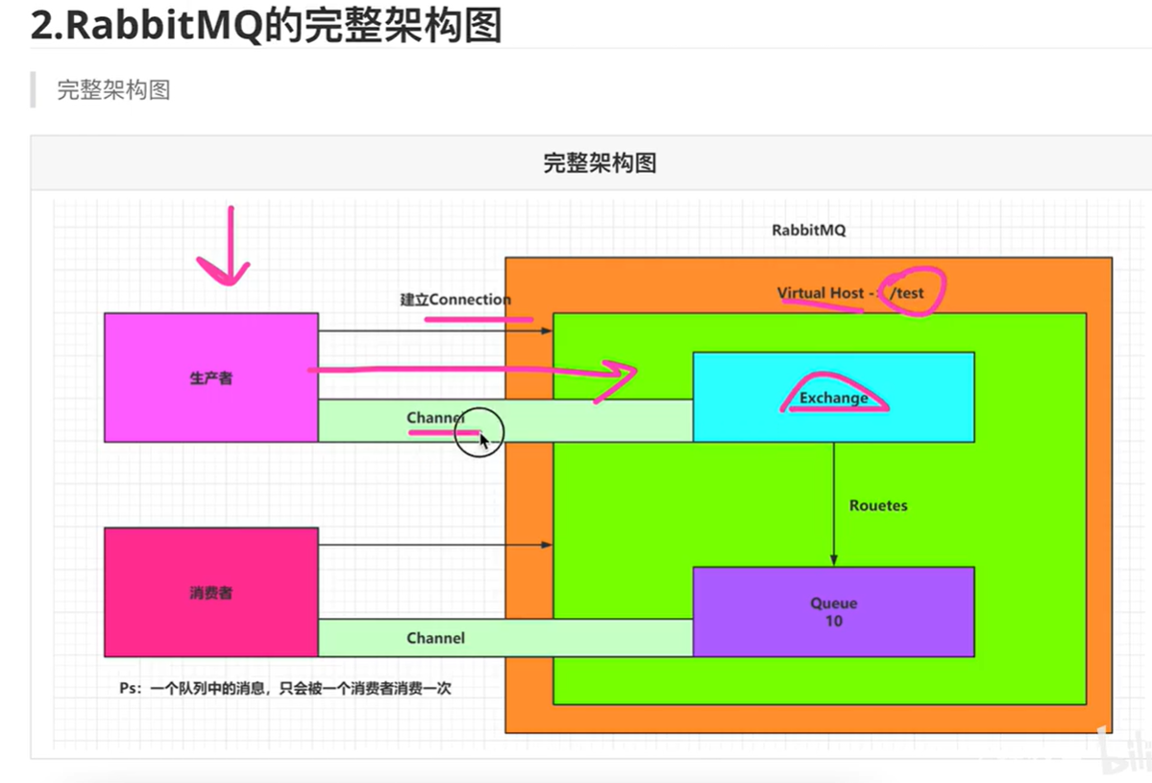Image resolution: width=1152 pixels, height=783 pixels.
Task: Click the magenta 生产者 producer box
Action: click(x=210, y=378)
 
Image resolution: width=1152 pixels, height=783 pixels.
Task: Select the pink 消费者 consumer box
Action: click(x=210, y=593)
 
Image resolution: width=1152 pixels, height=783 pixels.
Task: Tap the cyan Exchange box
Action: click(x=833, y=397)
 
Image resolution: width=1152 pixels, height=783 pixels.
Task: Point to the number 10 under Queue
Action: click(x=833, y=622)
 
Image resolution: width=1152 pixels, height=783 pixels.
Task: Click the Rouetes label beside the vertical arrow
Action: click(x=877, y=505)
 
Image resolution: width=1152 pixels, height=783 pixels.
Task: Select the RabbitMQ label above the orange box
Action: click(x=808, y=231)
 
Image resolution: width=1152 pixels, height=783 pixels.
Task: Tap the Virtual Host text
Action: click(x=821, y=292)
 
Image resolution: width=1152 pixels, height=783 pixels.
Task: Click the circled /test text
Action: click(x=908, y=292)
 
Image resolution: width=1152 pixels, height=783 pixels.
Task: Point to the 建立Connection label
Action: click(x=455, y=300)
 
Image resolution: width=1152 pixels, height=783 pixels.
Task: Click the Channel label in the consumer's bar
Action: click(x=435, y=638)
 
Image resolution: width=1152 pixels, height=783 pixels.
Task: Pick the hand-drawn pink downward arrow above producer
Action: click(x=227, y=250)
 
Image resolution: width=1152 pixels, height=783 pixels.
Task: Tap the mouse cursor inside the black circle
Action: click(x=484, y=440)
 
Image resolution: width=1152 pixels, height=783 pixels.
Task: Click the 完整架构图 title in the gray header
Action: click(x=600, y=163)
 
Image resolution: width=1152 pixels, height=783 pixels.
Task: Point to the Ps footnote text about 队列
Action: click(x=285, y=688)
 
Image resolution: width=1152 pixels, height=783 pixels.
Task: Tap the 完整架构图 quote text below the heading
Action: click(x=113, y=90)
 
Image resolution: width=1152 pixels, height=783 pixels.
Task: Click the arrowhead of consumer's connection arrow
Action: click(x=548, y=546)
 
